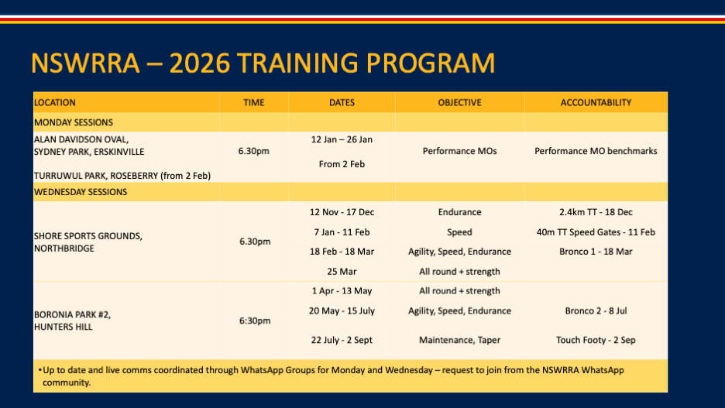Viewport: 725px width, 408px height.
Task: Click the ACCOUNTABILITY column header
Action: (596, 102)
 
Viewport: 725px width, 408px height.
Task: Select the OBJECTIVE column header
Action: (459, 102)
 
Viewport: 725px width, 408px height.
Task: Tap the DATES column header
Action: (342, 102)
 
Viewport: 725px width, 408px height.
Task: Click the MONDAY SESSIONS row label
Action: (74, 122)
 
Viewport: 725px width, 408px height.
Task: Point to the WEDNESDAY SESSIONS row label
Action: (81, 192)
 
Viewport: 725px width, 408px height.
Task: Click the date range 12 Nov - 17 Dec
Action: (342, 212)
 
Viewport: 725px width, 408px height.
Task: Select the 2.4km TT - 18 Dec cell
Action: (596, 212)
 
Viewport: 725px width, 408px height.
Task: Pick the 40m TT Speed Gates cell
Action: (596, 232)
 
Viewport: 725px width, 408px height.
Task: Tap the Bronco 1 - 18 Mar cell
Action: (596, 252)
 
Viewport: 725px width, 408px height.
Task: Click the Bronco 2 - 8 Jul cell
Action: (596, 311)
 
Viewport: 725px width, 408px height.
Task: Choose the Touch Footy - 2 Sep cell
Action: (596, 340)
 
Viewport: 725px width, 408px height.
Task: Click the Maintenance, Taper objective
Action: (459, 340)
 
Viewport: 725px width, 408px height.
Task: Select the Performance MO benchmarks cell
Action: (596, 151)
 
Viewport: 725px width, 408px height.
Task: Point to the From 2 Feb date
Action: (342, 164)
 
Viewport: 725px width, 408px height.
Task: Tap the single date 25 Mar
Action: (342, 272)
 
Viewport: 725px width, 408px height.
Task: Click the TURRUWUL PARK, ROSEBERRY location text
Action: (122, 176)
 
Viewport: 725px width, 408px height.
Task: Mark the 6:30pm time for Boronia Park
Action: (255, 321)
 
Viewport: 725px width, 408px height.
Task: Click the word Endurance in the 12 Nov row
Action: (459, 212)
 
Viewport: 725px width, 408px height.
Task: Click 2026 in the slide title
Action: (199, 63)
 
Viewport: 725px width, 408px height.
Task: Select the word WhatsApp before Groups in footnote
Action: (262, 370)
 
